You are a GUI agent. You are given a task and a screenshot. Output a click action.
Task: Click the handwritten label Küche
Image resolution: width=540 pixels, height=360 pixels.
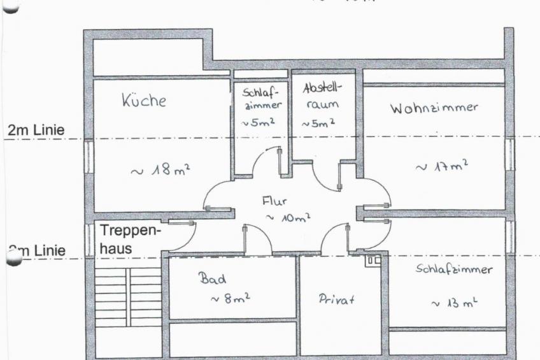click(143, 100)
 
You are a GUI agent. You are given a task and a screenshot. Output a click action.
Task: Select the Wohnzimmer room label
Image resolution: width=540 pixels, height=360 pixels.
click(434, 107)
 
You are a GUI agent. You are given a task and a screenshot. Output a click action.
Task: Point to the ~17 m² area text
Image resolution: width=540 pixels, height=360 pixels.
click(441, 166)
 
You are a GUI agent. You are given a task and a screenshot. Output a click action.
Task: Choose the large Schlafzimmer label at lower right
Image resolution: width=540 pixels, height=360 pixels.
click(453, 270)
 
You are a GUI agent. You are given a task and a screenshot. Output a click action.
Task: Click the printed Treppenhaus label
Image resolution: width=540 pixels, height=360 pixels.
click(130, 238)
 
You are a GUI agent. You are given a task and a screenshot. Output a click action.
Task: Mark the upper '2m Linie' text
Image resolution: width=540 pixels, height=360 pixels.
click(36, 130)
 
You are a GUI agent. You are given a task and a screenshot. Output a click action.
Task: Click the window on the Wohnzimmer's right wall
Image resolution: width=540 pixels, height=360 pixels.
click(509, 154)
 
